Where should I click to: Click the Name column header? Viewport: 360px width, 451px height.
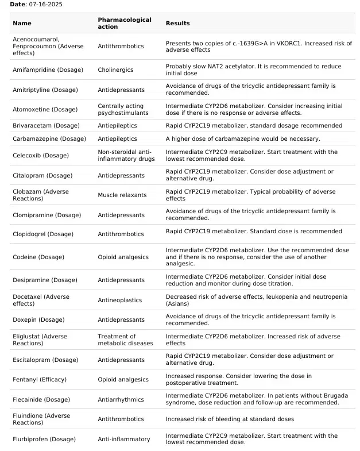click(22, 24)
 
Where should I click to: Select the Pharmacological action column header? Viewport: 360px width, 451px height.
click(125, 23)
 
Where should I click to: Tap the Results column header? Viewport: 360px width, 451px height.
click(177, 24)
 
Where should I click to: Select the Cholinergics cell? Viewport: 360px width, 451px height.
click(115, 70)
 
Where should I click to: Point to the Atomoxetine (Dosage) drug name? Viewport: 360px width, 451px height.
click(45, 110)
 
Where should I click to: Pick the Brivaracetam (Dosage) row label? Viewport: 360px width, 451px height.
click(46, 126)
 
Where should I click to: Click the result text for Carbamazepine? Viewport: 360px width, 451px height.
click(243, 139)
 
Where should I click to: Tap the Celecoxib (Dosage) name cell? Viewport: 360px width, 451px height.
click(40, 156)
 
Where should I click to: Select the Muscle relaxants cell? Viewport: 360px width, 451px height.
click(122, 195)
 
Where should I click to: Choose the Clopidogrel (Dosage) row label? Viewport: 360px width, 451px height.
click(43, 234)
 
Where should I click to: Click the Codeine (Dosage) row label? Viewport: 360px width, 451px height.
click(38, 257)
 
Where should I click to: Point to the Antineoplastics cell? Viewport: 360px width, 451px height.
click(119, 300)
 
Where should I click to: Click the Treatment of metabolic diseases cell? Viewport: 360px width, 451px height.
click(125, 340)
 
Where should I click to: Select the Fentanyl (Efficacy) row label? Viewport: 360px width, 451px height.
click(40, 380)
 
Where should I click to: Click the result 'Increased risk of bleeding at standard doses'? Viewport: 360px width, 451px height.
click(230, 419)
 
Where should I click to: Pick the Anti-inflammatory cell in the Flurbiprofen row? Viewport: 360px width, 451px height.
click(123, 440)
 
